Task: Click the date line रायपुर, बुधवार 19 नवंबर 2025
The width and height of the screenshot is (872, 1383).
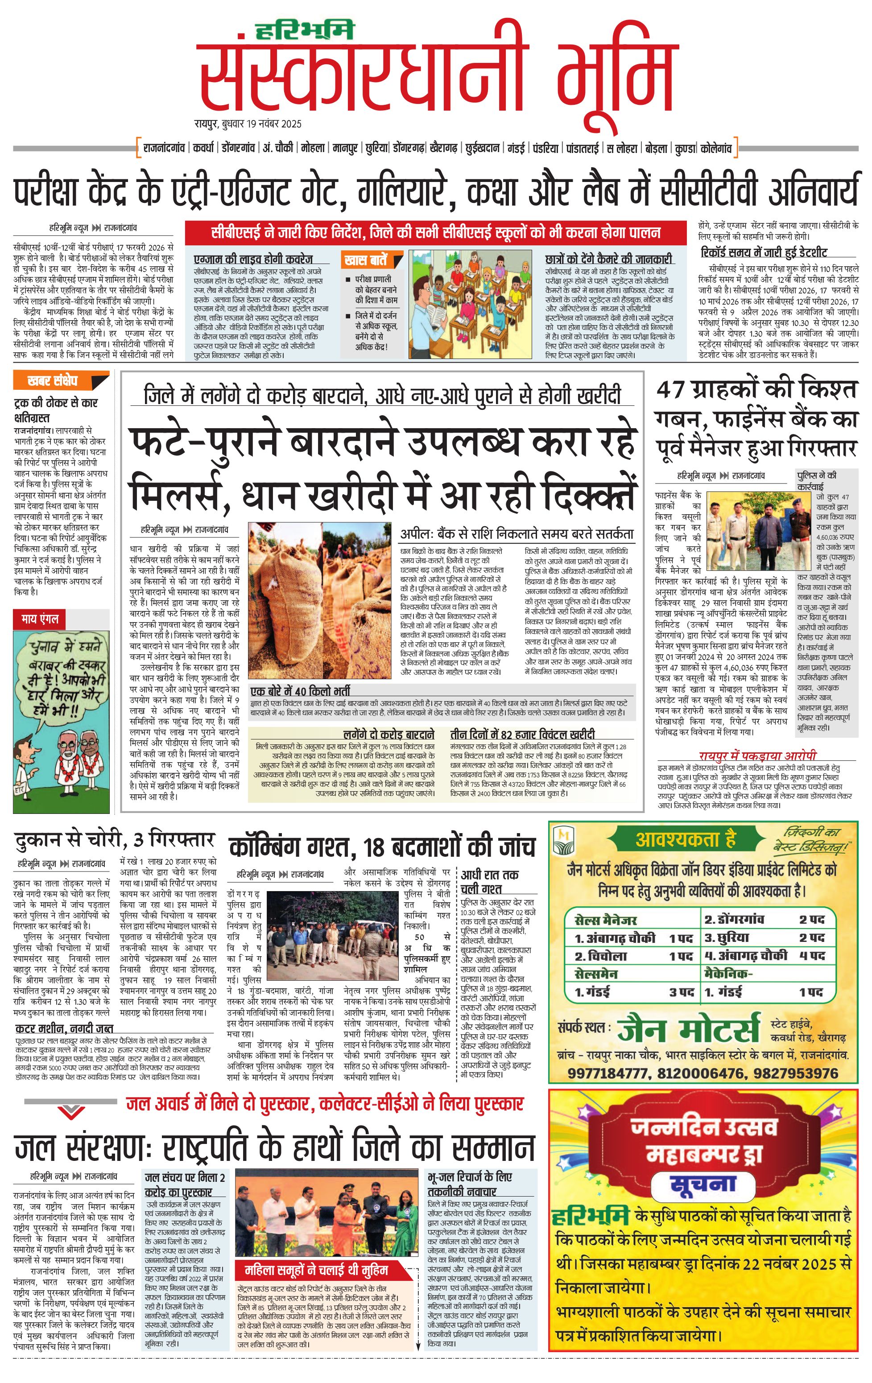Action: coord(248,124)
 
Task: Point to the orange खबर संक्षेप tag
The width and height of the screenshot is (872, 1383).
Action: coord(53,380)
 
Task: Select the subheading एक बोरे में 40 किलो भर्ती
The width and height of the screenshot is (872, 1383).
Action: coord(301,691)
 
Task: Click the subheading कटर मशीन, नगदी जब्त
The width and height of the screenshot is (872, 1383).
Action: coord(64,1028)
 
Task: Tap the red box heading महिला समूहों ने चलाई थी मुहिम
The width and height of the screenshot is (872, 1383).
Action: coord(315,1269)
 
